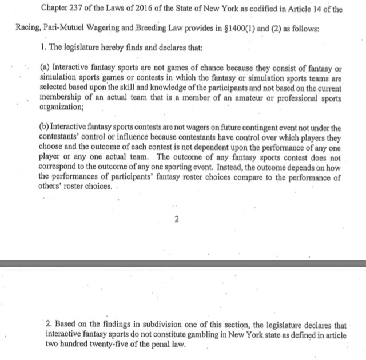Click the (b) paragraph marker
coord(45,128)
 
